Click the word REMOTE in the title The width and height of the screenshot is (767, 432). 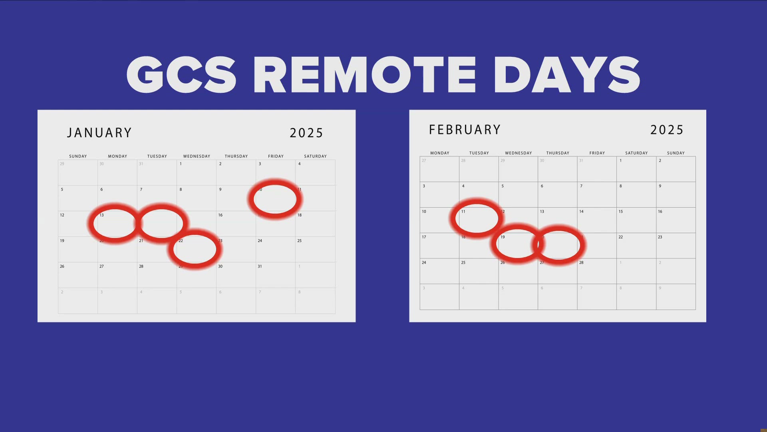click(364, 75)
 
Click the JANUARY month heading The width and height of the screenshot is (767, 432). click(99, 133)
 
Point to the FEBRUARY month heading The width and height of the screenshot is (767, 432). click(465, 130)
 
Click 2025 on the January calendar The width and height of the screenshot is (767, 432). click(306, 133)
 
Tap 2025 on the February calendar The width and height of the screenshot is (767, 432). click(667, 130)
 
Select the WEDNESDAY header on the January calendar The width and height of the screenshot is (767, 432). click(197, 156)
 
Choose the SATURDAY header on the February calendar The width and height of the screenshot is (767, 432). click(636, 153)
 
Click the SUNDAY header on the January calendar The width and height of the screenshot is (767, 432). click(78, 156)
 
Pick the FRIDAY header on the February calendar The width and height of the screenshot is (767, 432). click(597, 153)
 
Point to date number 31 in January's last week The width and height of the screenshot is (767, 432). click(260, 266)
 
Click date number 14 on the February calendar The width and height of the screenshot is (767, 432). click(581, 212)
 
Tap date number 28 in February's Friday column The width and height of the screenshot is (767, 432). click(581, 263)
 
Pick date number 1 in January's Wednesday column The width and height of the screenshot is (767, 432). click(181, 164)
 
